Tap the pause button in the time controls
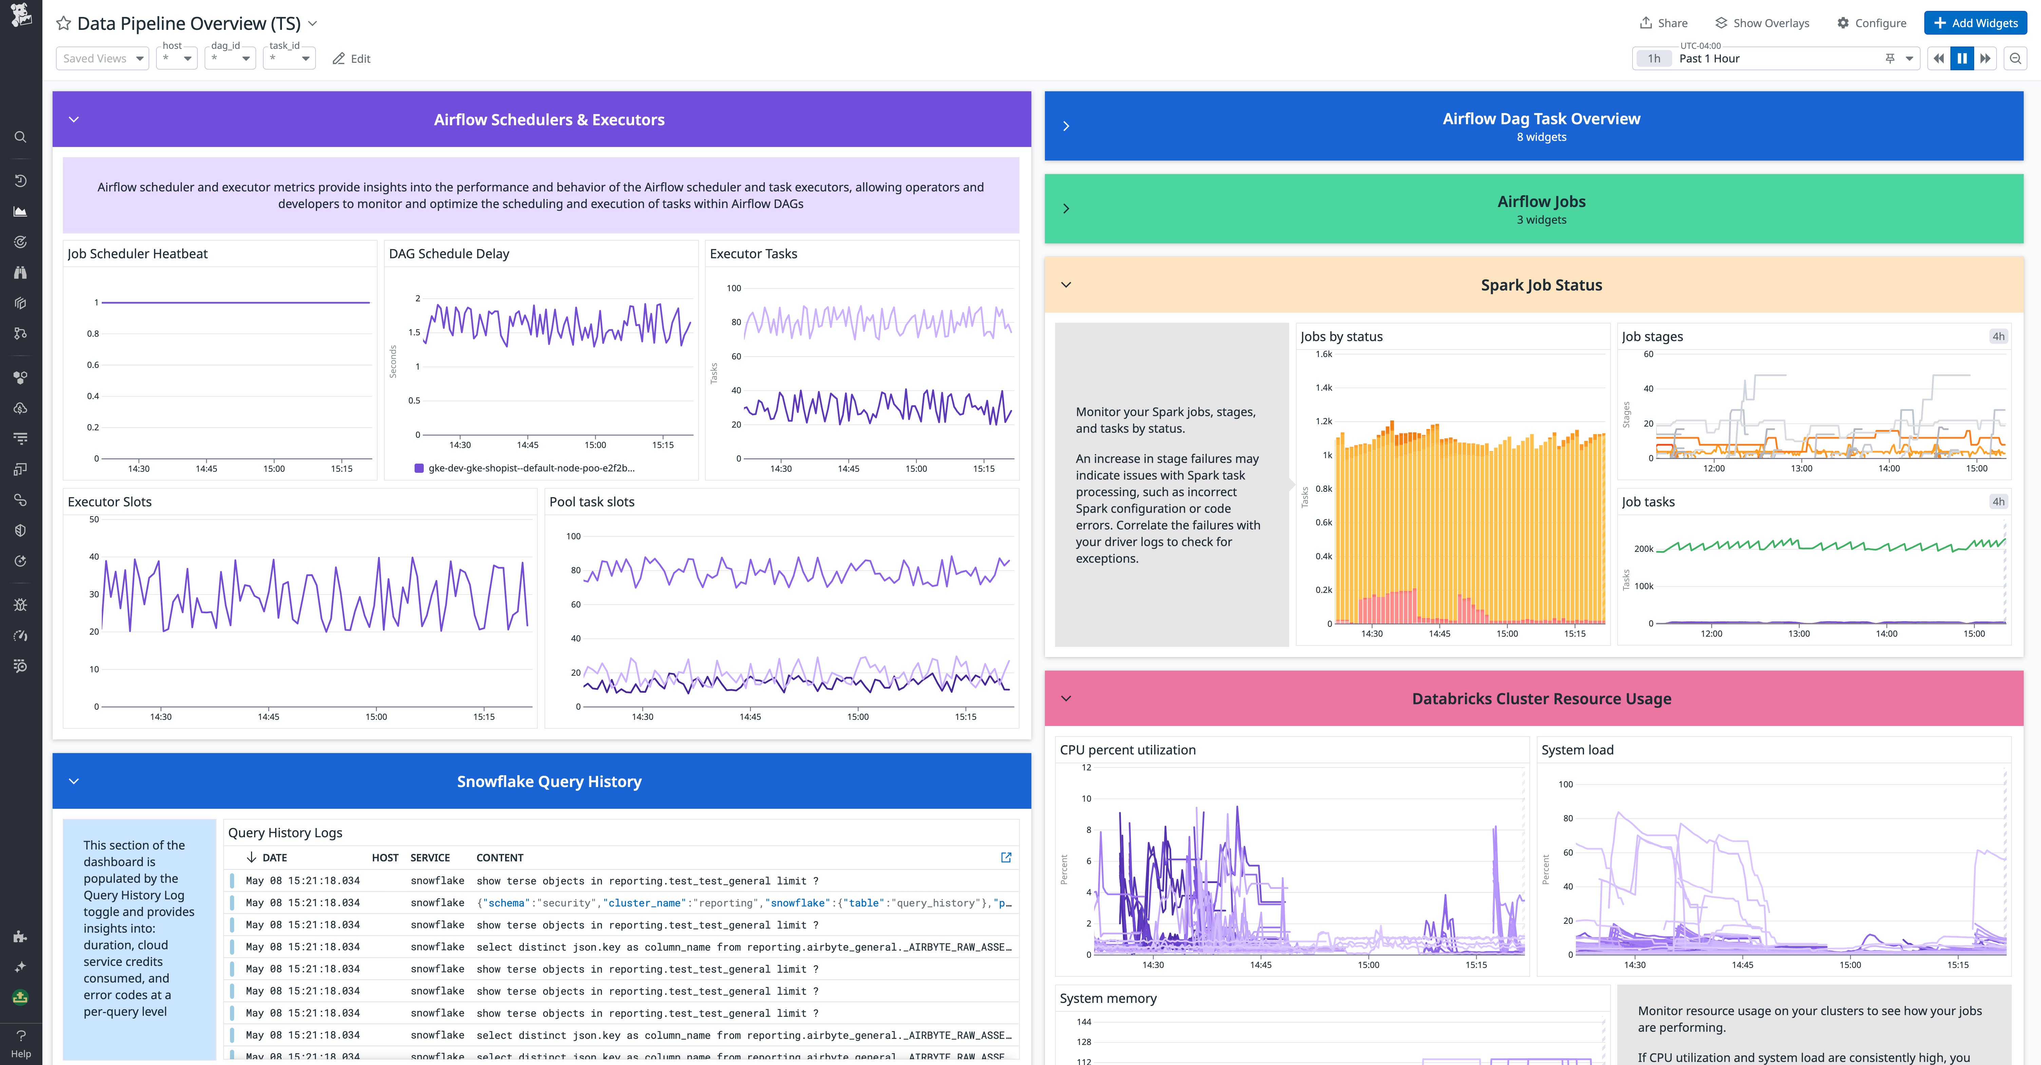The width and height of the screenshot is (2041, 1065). tap(1962, 59)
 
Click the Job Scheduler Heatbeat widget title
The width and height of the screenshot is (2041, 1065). tap(137, 254)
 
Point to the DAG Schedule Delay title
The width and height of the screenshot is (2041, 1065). tap(449, 254)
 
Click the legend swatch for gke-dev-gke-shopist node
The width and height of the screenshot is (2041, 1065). tap(419, 468)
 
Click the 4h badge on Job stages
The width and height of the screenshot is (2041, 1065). tap(1998, 337)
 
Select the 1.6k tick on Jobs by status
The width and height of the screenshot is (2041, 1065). tap(1324, 354)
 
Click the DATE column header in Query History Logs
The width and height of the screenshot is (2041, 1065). tap(274, 857)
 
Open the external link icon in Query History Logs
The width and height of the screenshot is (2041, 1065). tap(1006, 857)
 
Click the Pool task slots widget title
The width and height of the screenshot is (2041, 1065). tap(592, 502)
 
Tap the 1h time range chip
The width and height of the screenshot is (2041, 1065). tap(1654, 59)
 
